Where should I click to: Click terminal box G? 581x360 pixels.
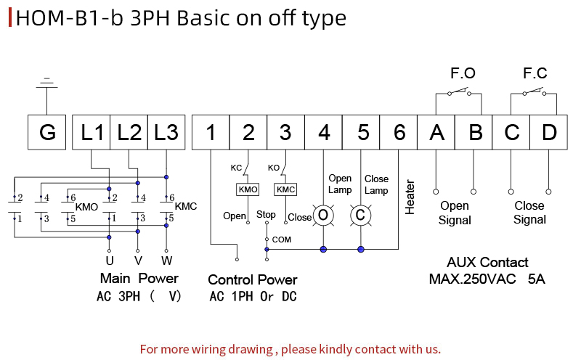[46, 132]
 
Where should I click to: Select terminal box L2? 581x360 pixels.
[129, 132]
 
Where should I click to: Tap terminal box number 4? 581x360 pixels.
[323, 132]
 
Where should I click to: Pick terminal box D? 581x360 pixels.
[549, 132]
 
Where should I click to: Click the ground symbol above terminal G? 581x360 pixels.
[46, 83]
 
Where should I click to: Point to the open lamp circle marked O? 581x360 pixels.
[323, 215]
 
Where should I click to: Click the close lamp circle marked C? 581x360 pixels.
[360, 215]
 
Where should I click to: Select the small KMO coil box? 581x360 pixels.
[248, 189]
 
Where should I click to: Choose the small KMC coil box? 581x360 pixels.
[285, 189]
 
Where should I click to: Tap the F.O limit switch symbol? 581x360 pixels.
[459, 92]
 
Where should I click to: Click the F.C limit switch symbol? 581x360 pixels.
[534, 92]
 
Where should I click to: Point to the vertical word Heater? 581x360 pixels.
[410, 197]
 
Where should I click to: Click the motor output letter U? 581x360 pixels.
[110, 261]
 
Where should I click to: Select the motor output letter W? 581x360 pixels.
[167, 261]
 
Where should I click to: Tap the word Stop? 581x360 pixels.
[266, 215]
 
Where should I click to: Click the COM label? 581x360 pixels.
[282, 240]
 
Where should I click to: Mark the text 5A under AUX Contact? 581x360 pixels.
[537, 279]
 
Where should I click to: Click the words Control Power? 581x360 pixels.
[252, 280]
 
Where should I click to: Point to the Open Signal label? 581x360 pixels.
[455, 213]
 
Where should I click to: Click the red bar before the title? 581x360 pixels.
[10, 17]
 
